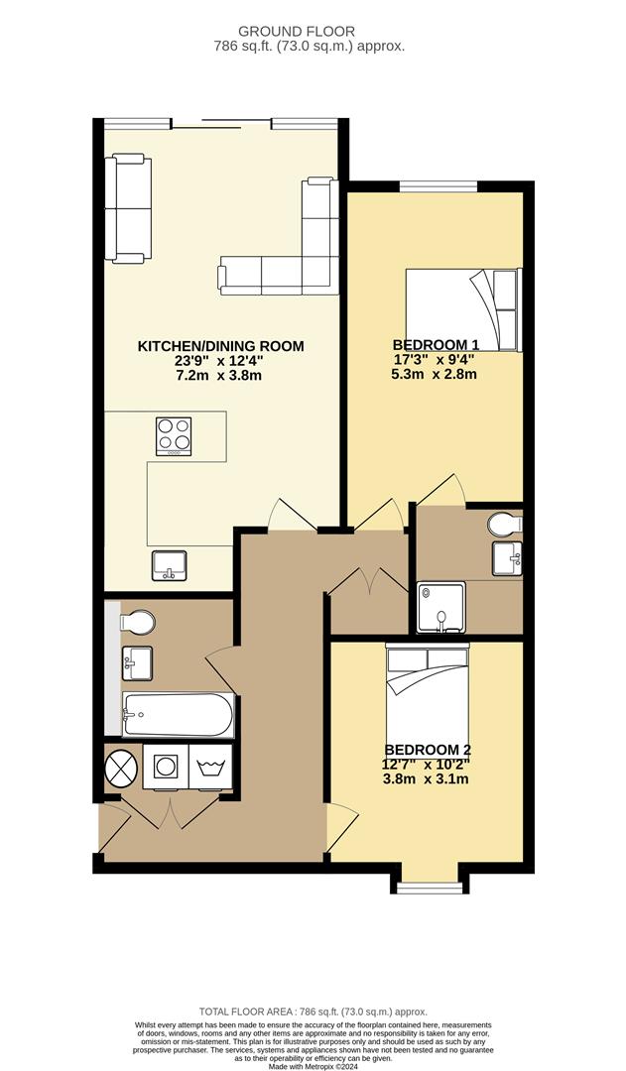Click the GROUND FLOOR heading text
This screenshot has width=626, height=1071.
pyautogui.click(x=309, y=32)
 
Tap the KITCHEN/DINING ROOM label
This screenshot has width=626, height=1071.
pyautogui.click(x=220, y=346)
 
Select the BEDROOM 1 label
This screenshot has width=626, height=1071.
pyautogui.click(x=435, y=344)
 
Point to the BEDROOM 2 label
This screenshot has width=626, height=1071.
pyautogui.click(x=427, y=749)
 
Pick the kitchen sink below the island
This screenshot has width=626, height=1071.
pyautogui.click(x=169, y=566)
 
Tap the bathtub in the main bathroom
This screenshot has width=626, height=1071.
pyautogui.click(x=179, y=714)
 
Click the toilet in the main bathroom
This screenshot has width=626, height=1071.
pyautogui.click(x=136, y=623)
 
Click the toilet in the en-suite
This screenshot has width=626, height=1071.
pyautogui.click(x=506, y=523)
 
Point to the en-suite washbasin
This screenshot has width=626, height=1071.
pyautogui.click(x=507, y=559)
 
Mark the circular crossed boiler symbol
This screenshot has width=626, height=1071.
pyautogui.click(x=122, y=767)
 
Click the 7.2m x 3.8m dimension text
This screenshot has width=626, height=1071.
pyautogui.click(x=220, y=376)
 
